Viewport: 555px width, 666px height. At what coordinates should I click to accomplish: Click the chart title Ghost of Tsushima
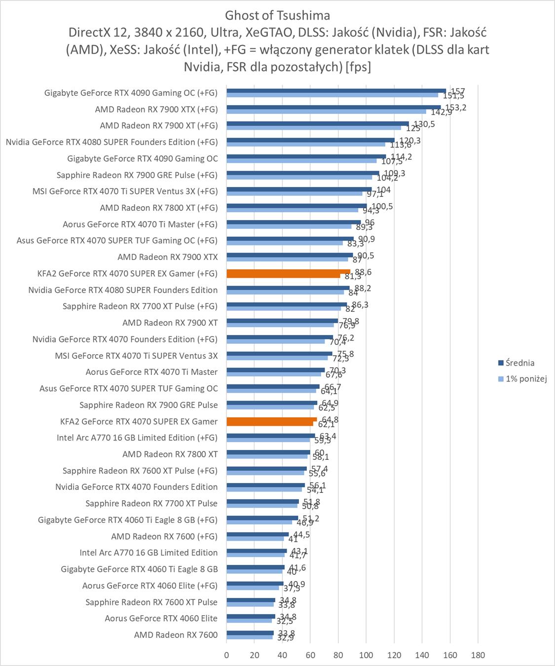pos(277,15)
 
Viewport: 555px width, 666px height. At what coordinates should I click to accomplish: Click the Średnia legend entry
pos(519,363)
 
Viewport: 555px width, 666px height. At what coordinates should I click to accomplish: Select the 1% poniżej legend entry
pos(526,379)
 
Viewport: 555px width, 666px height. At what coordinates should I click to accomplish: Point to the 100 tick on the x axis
pos(366,655)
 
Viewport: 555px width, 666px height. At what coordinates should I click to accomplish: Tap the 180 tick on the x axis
pos(478,655)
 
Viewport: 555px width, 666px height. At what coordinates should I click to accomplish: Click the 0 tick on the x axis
pos(226,655)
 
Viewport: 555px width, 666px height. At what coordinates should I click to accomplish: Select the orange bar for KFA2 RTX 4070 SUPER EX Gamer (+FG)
pos(288,272)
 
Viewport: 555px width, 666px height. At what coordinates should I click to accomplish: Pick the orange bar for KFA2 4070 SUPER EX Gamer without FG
pos(271,420)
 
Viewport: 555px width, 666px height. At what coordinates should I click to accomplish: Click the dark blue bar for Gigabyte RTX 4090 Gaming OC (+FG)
pos(336,91)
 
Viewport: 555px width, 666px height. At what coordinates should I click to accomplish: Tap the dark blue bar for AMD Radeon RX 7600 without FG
pos(250,633)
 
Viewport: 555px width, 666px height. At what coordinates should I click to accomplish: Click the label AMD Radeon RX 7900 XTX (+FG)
pos(156,109)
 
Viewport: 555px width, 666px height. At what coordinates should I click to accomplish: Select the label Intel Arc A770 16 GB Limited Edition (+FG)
pos(137,438)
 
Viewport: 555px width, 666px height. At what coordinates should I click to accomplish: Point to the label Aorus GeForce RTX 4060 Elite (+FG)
pos(149,586)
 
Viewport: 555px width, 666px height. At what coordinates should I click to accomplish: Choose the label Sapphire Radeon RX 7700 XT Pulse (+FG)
pos(140,306)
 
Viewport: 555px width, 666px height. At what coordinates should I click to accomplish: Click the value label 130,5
pos(424,124)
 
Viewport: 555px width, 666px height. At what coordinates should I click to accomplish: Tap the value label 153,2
pos(455,108)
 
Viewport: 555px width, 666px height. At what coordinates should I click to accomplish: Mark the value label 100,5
pos(382,206)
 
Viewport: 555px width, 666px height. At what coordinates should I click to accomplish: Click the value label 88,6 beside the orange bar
pos(363,272)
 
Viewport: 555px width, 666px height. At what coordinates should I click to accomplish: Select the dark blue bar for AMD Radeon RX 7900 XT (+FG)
pos(318,124)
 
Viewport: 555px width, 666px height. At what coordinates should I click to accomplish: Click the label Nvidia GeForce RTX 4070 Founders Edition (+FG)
pos(125,339)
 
